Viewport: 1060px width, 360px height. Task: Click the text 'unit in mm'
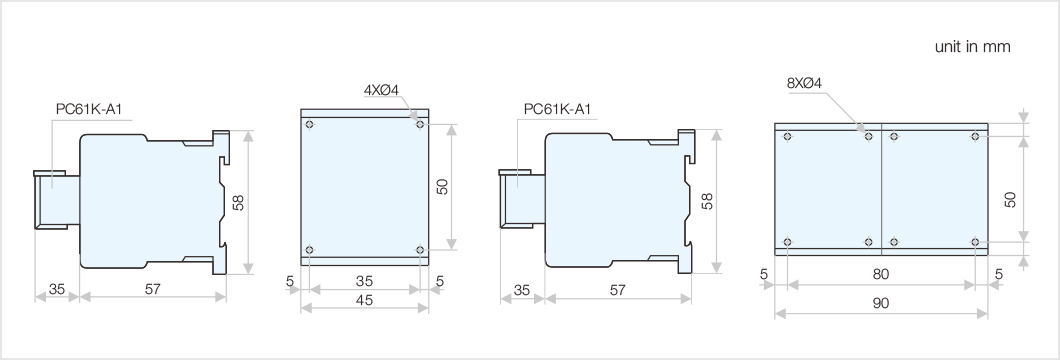pos(972,47)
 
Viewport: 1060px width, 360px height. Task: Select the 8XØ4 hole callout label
pos(805,83)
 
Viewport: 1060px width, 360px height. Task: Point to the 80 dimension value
pos(881,273)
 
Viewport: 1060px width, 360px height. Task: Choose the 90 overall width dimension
pos(881,302)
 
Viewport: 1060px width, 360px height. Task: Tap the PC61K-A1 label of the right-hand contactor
pos(557,109)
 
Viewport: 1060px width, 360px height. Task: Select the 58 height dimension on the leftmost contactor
pos(238,202)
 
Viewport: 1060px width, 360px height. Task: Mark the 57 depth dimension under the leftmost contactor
pos(152,290)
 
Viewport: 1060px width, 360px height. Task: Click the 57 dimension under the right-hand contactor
pos(617,290)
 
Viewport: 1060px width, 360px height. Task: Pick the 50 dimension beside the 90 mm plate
pos(1011,200)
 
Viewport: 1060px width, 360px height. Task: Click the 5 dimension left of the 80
pos(763,273)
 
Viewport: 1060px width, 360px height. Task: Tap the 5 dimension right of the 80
pos(998,273)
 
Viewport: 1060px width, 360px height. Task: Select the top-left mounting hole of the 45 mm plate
pos(311,125)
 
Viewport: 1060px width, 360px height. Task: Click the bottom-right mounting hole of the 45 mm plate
pos(420,249)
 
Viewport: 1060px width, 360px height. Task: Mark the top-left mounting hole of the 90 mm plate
pos(788,135)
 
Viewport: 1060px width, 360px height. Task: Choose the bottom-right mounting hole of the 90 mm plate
pos(975,241)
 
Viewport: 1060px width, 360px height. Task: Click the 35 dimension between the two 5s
pos(365,282)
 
